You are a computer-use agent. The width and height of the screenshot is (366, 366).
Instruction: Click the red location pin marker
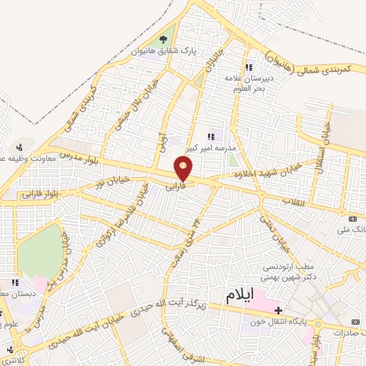184,169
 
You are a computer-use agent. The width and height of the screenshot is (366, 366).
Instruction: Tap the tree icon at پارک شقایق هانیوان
164,41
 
